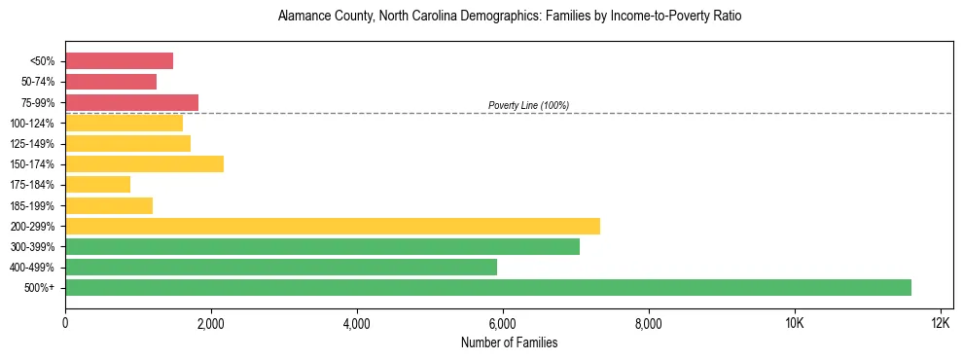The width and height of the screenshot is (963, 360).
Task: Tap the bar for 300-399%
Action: [x=322, y=246]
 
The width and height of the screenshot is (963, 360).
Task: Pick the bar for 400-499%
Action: [x=281, y=267]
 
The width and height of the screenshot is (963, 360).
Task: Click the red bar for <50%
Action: [x=119, y=61]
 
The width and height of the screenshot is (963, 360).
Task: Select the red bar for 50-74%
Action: [x=111, y=82]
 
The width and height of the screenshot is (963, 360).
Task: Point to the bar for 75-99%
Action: [x=131, y=102]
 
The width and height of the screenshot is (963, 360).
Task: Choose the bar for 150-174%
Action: [x=144, y=163]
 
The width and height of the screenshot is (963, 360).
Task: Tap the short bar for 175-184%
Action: [x=97, y=184]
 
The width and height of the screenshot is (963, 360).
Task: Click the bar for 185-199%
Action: [x=109, y=205]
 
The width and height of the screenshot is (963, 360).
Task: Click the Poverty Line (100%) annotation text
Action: [x=528, y=105]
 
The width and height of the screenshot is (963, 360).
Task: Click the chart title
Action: [x=509, y=17]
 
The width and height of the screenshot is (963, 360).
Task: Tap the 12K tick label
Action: [x=941, y=323]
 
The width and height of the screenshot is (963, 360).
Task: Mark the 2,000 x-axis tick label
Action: [x=211, y=323]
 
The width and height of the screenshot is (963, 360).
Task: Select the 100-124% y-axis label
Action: [x=32, y=124]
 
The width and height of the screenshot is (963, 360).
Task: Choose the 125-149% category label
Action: [x=32, y=144]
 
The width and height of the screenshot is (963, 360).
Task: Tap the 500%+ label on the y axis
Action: [x=40, y=288]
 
